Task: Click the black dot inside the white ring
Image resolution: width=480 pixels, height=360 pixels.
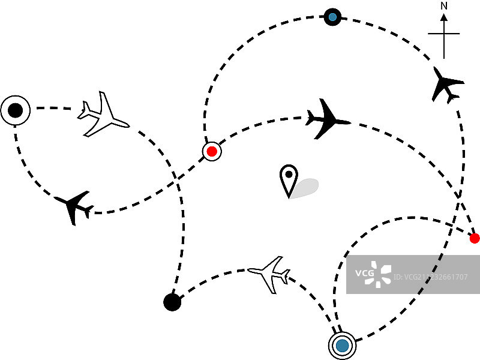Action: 16,110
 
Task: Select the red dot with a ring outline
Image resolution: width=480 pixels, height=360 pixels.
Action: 211,151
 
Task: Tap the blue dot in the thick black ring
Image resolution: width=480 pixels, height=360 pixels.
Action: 332,17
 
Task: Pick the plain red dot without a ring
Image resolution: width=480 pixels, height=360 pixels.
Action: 475,238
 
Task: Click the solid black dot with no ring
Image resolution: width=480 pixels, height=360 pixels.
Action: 172,302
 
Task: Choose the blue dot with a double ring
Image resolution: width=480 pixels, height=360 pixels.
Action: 342,345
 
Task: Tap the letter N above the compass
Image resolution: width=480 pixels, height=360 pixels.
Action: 444,6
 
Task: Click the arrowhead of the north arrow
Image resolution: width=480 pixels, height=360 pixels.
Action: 444,17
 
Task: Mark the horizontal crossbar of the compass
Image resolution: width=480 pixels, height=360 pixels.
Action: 444,34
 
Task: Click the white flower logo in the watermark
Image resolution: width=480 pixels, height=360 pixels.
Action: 380,274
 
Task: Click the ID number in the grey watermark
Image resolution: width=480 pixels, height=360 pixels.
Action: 432,277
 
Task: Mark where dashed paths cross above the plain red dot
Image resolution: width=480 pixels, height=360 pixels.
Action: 459,194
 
